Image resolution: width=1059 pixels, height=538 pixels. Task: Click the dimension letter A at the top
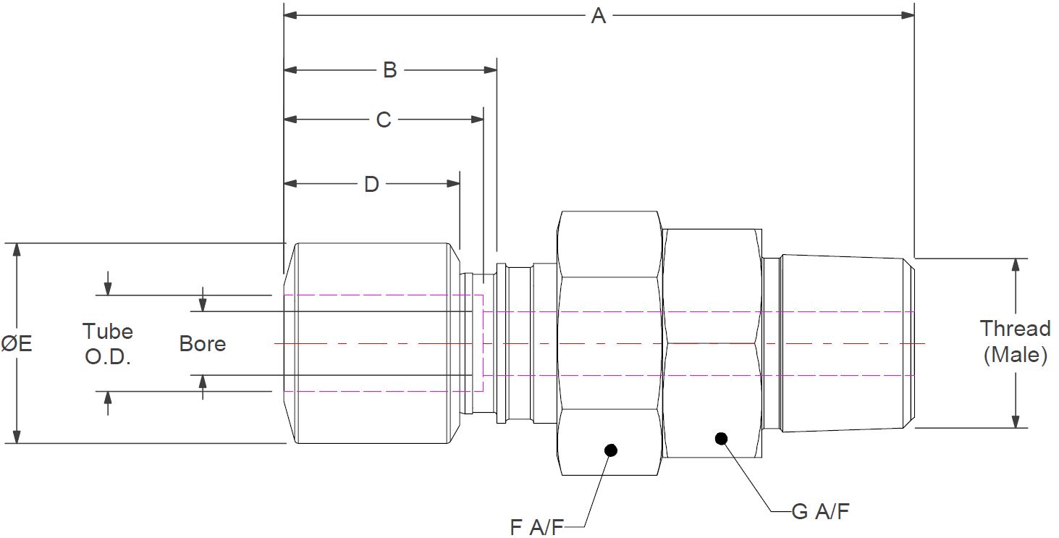(x=598, y=15)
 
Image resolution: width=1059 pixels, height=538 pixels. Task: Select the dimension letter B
(x=389, y=70)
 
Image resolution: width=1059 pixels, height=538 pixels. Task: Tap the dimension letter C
(x=384, y=119)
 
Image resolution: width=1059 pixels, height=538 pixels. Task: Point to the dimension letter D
(x=371, y=185)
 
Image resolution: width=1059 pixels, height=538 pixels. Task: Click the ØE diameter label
(x=17, y=343)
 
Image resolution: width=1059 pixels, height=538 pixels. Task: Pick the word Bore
(x=203, y=343)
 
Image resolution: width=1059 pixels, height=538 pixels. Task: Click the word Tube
(x=108, y=332)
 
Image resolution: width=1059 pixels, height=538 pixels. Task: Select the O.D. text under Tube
(x=108, y=357)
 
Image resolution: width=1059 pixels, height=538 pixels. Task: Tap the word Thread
(x=1016, y=329)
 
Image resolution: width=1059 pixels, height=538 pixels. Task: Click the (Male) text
(x=1016, y=355)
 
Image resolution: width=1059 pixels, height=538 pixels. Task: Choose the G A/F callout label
(x=820, y=512)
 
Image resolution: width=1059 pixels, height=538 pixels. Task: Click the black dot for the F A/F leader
(x=611, y=450)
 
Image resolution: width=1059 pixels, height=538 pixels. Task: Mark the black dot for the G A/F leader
(x=720, y=438)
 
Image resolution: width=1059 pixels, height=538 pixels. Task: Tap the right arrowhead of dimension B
(x=490, y=70)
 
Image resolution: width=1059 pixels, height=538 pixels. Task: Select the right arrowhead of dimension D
(x=453, y=184)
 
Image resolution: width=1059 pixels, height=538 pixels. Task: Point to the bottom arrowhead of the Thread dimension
(x=1016, y=421)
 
